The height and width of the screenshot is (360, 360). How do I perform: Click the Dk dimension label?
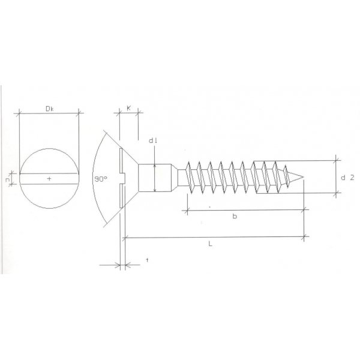tap(50, 107)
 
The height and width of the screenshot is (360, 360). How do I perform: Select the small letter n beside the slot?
tap(7, 179)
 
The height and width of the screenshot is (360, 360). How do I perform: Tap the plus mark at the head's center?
tap(49, 179)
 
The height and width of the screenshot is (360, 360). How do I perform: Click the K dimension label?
tap(129, 108)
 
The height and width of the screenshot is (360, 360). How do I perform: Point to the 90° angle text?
tap(101, 179)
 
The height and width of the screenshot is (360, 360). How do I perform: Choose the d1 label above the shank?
tap(152, 141)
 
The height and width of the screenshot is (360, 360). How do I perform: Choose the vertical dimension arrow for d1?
tap(155, 178)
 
